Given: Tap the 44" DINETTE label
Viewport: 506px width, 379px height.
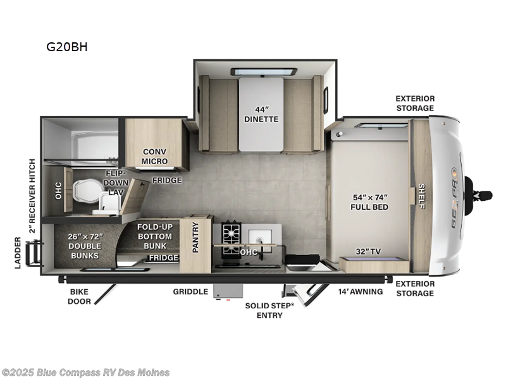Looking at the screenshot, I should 261,114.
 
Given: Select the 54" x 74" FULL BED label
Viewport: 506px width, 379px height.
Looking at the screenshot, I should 370,202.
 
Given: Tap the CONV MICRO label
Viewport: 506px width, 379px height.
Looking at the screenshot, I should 155,156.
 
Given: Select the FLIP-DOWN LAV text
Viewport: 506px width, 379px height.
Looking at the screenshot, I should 117,183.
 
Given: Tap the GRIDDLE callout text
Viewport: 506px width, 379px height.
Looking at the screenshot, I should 190,292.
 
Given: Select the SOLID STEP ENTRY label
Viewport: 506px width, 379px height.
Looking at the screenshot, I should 269,310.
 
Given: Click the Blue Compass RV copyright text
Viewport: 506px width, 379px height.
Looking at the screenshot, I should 86,372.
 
